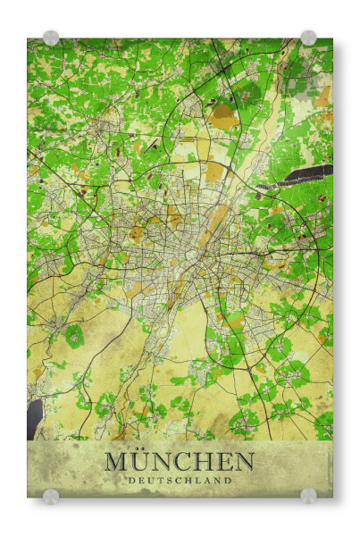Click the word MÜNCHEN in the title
click(x=179, y=462)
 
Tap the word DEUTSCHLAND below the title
click(x=179, y=481)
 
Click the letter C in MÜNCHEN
click(x=186, y=462)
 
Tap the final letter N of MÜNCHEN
click(x=244, y=462)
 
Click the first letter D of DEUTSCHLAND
click(x=130, y=481)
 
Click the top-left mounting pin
click(x=51, y=38)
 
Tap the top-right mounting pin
click(x=308, y=38)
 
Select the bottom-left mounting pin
click(x=51, y=496)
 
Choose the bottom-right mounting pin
click(x=308, y=496)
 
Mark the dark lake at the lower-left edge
click(x=34, y=418)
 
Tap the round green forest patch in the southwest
click(x=73, y=336)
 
